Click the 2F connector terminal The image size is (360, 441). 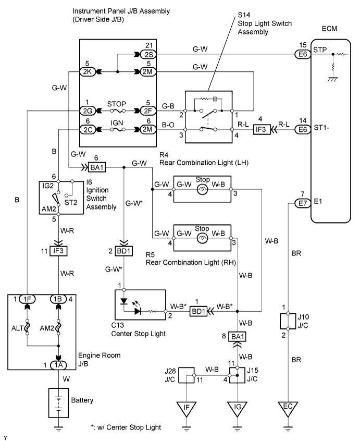click(145, 111)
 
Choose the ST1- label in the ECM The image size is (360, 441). click(321, 129)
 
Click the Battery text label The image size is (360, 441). click(82, 401)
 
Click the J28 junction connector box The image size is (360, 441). click(187, 375)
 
